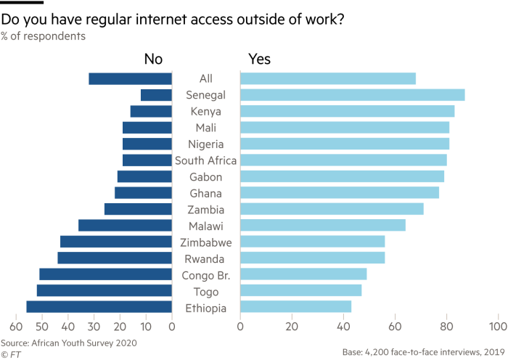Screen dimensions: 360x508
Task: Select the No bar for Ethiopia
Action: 99,307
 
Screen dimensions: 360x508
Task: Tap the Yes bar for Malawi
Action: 322,226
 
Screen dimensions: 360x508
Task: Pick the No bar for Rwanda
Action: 114,258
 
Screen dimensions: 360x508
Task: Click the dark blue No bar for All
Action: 130,78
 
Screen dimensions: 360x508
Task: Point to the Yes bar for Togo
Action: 300,291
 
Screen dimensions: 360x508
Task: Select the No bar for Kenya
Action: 150,111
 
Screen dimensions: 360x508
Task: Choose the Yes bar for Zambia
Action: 332,209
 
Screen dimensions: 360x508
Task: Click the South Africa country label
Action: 205,160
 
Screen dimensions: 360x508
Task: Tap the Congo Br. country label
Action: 205,275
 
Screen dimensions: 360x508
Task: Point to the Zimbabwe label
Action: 205,242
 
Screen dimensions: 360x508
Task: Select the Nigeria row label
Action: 205,144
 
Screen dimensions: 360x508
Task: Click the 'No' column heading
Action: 153,60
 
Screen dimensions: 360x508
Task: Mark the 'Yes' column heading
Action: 259,60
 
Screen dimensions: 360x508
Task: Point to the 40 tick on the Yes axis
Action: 343,327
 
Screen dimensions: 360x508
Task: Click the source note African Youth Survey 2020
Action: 68,342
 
